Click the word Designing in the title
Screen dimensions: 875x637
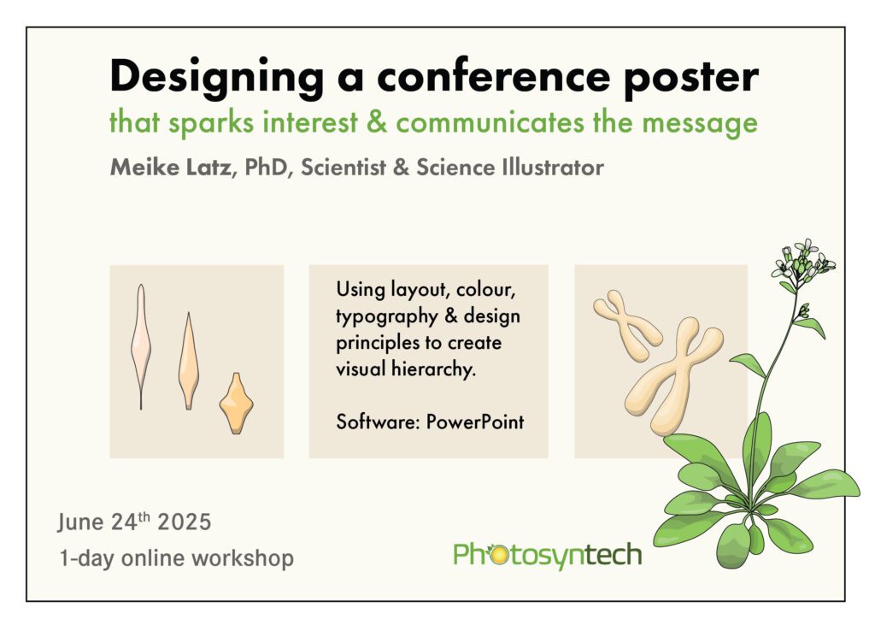pos(216,78)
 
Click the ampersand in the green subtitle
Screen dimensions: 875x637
pos(377,121)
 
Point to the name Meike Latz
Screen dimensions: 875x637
pos(170,167)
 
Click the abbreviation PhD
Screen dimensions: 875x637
pos(265,167)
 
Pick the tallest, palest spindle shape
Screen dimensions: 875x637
pos(141,346)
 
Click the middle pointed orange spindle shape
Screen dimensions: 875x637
pos(189,361)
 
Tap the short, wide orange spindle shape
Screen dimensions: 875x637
pos(236,403)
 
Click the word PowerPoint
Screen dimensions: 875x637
pos(475,422)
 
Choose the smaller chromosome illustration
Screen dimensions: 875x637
pos(626,325)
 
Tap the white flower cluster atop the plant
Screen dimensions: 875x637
pos(803,261)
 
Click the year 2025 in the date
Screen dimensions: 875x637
pos(185,522)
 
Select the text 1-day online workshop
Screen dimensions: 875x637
pos(176,557)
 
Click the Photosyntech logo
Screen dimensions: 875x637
pos(548,556)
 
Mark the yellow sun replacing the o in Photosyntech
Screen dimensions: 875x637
pos(496,555)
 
